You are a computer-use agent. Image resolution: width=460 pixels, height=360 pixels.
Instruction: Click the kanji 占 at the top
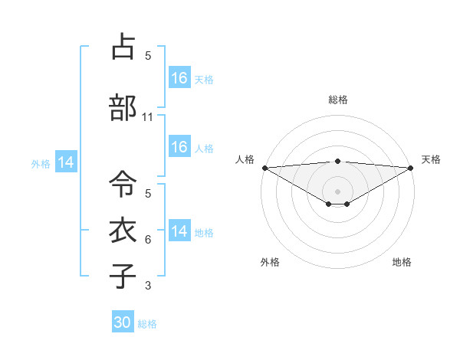coord(123,47)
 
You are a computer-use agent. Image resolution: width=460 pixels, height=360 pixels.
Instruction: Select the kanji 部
coord(123,109)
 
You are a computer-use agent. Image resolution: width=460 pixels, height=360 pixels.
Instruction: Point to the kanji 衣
coord(123,231)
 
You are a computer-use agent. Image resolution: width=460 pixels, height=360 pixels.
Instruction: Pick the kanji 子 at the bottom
coord(123,276)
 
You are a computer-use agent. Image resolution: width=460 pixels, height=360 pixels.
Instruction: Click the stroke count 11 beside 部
coord(148,117)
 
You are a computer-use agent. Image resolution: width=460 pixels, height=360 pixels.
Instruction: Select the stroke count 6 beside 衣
coord(148,240)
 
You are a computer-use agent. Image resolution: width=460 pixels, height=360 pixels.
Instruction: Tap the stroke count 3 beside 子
coord(148,286)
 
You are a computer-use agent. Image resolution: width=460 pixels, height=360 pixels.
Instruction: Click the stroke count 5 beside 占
coord(148,55)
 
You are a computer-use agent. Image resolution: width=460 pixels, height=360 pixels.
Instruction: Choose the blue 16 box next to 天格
coord(179,79)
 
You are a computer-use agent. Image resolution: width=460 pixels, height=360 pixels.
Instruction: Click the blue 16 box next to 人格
coord(179,148)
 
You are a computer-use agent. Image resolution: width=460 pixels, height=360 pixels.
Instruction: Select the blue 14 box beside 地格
coord(179,232)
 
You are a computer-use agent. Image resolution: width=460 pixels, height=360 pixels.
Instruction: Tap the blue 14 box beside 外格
coord(65,162)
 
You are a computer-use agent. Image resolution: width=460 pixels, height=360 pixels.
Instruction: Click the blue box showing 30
coord(123,323)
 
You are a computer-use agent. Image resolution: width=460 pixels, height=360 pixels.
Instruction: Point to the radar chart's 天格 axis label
coord(432,159)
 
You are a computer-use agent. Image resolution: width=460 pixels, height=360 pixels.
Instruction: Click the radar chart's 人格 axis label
coord(245,159)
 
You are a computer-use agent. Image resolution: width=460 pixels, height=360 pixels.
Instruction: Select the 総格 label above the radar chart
coord(338,100)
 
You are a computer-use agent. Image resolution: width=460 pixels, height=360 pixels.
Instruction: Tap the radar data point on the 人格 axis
coord(264,168)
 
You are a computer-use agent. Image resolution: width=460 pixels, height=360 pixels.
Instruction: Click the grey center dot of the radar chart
coord(338,191)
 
